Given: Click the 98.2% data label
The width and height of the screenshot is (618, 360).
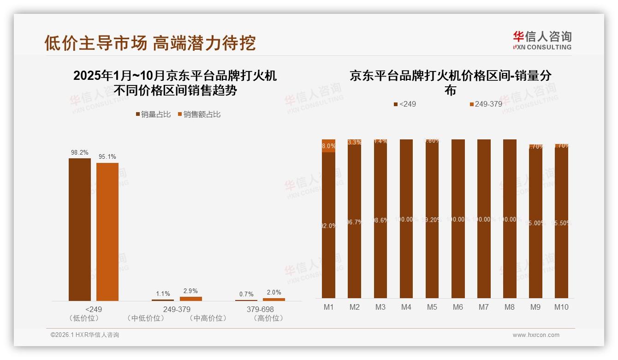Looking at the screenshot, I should tap(80, 152).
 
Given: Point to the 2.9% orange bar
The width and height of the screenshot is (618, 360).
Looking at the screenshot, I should tap(190, 299).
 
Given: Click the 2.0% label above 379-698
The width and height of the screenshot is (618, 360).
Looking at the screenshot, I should tap(274, 292).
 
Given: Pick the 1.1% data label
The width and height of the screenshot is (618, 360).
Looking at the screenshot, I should tap(163, 294).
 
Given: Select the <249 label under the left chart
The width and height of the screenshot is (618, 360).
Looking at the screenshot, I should tap(94, 309).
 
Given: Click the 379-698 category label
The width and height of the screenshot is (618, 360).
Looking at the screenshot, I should tap(260, 309).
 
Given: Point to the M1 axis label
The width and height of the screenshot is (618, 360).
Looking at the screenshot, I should tap(329, 307).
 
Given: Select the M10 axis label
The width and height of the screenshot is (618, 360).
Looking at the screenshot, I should tap(561, 307).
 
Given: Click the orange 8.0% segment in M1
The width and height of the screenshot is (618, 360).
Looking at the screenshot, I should tap(329, 145).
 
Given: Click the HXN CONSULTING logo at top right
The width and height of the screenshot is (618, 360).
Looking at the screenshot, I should tap(542, 41).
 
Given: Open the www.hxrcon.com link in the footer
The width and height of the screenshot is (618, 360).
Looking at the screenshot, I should tap(536, 335).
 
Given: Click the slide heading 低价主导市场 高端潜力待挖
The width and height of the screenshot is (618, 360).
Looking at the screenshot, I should tap(150, 43).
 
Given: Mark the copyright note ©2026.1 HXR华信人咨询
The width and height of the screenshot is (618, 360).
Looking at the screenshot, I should tap(85, 335).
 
